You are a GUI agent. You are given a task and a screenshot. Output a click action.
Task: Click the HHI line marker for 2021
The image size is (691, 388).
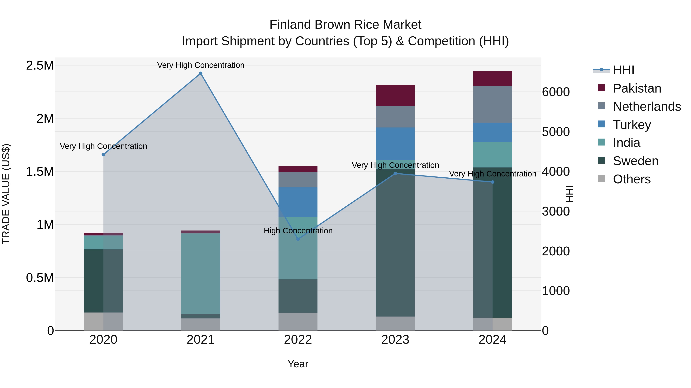201,73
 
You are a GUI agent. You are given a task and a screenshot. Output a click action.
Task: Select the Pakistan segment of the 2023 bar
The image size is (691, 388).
395,96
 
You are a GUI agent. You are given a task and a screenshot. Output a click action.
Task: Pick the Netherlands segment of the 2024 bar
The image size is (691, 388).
493,104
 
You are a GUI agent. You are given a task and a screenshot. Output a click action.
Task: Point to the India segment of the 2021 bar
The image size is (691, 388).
201,273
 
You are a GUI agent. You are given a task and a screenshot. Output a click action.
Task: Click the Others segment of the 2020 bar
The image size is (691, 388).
103,321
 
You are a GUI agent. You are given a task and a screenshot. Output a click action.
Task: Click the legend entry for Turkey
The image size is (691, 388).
632,125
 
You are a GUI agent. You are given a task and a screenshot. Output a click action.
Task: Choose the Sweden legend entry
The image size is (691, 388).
636,161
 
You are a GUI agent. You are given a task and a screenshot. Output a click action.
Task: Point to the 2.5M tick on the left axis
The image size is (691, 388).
40,65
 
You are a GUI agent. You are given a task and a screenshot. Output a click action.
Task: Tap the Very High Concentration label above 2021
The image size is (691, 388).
201,65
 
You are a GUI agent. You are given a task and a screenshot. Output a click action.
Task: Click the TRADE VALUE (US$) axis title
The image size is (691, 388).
6,194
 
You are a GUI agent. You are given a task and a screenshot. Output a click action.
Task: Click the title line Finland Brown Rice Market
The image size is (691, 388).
345,25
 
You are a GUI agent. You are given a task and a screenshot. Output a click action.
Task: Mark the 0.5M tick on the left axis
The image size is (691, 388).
40,278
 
